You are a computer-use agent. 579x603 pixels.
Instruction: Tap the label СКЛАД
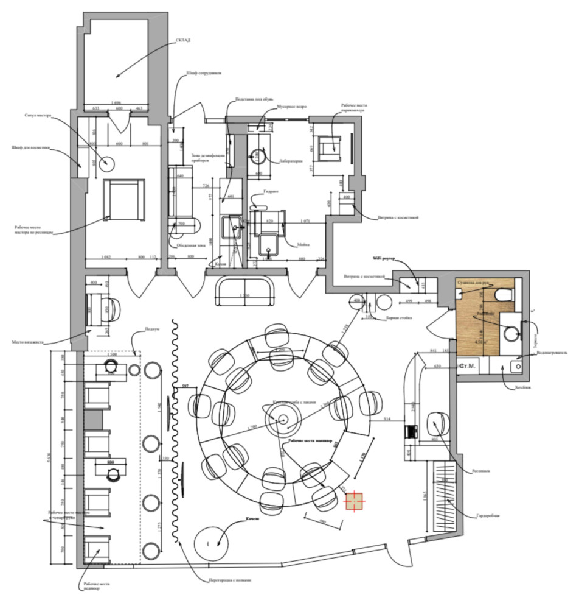(x=184, y=40)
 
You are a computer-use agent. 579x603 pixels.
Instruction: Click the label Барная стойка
(x=398, y=317)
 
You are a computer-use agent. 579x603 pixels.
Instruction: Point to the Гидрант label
(x=271, y=191)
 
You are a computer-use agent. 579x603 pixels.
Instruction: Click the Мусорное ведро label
(x=291, y=105)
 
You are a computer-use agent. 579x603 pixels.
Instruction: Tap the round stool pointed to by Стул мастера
(x=107, y=163)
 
